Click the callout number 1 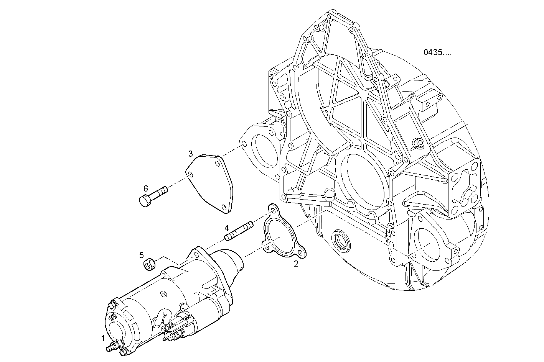point(103,338)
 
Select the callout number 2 point(296,264)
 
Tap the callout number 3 point(190,154)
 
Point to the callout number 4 point(227,228)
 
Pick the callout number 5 point(141,255)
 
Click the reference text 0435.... point(437,52)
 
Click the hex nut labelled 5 point(149,264)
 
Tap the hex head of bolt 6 point(145,201)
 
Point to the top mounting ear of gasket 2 point(272,209)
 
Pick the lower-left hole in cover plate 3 point(190,175)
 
